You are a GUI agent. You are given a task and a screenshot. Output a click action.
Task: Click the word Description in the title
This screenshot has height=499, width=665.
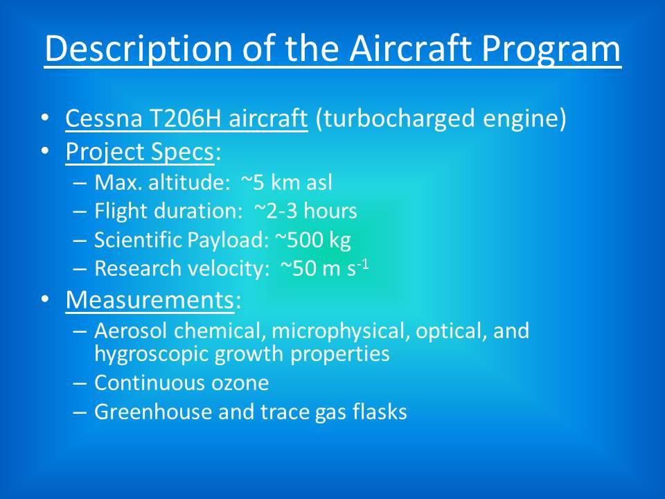[x=139, y=49]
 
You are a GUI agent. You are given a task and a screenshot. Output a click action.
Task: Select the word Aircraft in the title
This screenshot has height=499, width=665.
[x=411, y=48]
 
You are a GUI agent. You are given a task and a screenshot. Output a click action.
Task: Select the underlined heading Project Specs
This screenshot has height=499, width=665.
[x=139, y=152]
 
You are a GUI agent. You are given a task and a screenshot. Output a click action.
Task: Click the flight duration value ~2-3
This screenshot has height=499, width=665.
[x=276, y=211]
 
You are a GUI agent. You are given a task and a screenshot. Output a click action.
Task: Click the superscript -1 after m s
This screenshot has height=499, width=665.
[x=362, y=265]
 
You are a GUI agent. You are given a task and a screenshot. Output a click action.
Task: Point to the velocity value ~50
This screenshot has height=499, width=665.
[x=298, y=269]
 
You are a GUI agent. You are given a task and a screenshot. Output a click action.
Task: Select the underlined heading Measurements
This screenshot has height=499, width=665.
[x=150, y=299]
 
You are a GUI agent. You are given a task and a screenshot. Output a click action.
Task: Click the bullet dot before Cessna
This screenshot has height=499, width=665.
[x=45, y=118]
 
